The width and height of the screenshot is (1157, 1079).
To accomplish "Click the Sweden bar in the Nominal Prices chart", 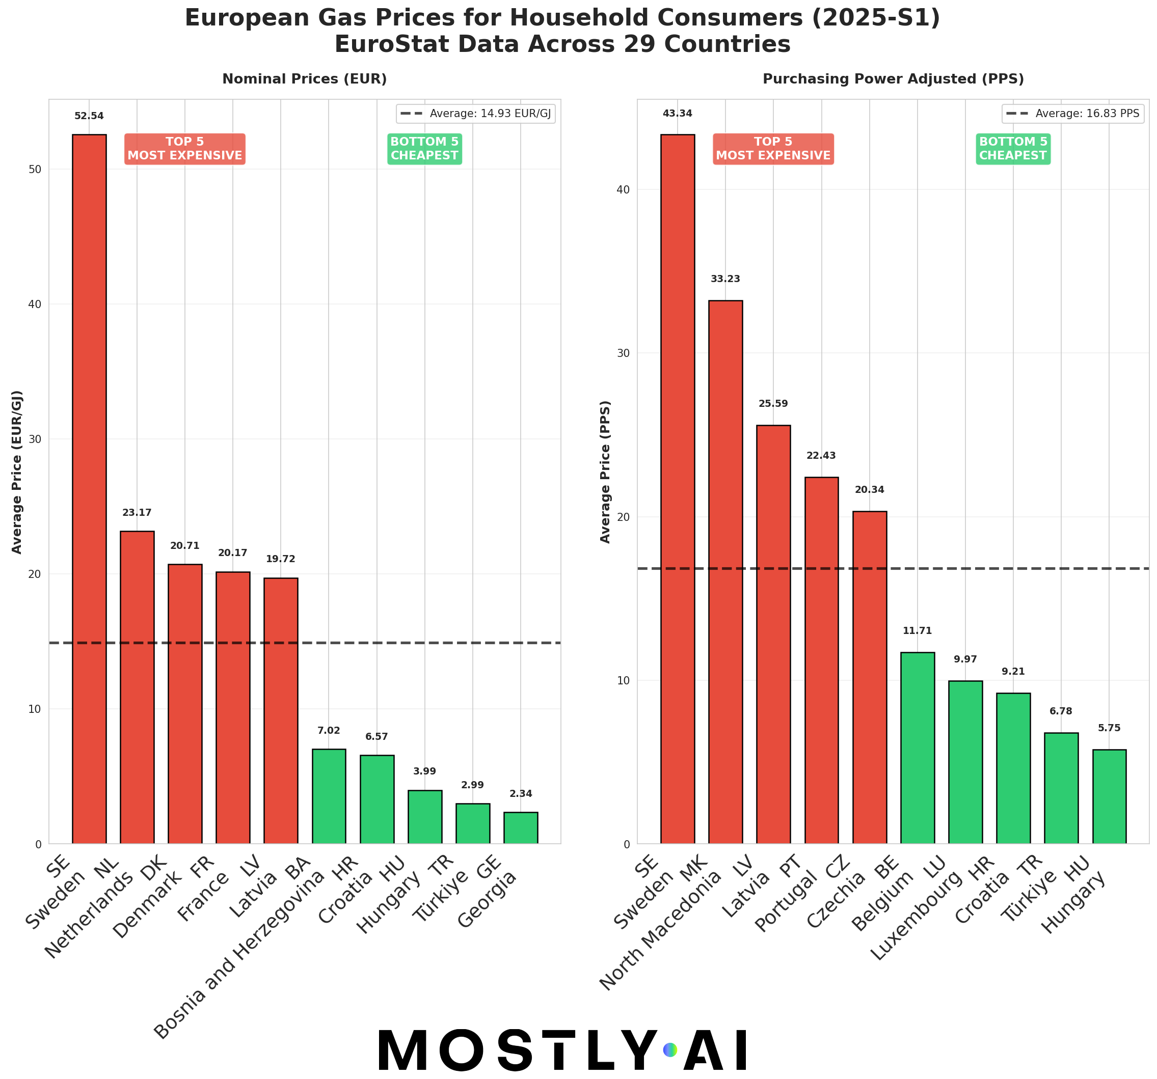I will click(x=89, y=489).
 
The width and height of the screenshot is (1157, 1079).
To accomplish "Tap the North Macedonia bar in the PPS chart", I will click(x=725, y=572).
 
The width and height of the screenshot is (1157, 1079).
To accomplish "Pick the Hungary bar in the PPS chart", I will click(x=1109, y=796).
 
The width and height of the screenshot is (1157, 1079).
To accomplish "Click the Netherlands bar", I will click(x=137, y=687).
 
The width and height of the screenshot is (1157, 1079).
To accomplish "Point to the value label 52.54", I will click(x=89, y=116).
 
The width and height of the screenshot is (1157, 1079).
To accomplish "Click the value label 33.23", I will click(x=725, y=279).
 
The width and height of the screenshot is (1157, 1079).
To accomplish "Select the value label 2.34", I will click(x=520, y=794).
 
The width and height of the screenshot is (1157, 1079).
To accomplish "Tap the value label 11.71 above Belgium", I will click(x=917, y=631).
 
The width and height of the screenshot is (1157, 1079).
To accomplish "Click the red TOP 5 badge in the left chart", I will click(x=184, y=149).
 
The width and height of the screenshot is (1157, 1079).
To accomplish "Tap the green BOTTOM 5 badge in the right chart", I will click(x=1013, y=149).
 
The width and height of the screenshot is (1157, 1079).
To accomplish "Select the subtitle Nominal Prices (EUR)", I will click(x=304, y=79).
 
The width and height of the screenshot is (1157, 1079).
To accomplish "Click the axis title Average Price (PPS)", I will click(x=605, y=472).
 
